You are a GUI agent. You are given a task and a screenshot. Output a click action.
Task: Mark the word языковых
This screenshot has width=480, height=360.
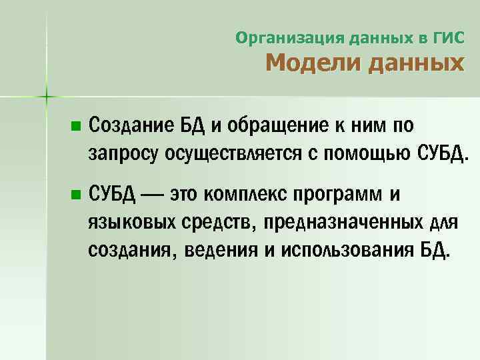tap(130, 222)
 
